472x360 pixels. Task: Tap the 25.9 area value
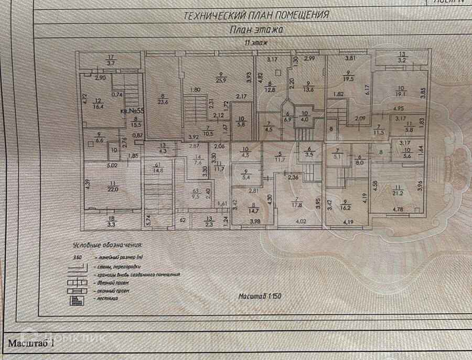click(221, 80)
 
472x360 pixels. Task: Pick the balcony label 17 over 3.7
click(111, 60)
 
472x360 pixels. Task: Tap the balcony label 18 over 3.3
click(111, 222)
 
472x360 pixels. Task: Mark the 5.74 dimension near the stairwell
click(148, 220)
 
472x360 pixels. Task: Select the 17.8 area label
click(297, 205)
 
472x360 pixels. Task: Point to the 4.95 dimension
click(397, 108)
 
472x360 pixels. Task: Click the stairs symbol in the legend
click(78, 299)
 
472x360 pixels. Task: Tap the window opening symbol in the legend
click(78, 290)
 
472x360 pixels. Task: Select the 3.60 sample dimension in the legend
click(77, 257)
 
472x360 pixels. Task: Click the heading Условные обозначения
click(107, 244)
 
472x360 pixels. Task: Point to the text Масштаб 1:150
click(261, 296)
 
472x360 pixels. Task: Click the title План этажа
click(257, 30)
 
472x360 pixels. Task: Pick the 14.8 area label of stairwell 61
click(158, 169)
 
